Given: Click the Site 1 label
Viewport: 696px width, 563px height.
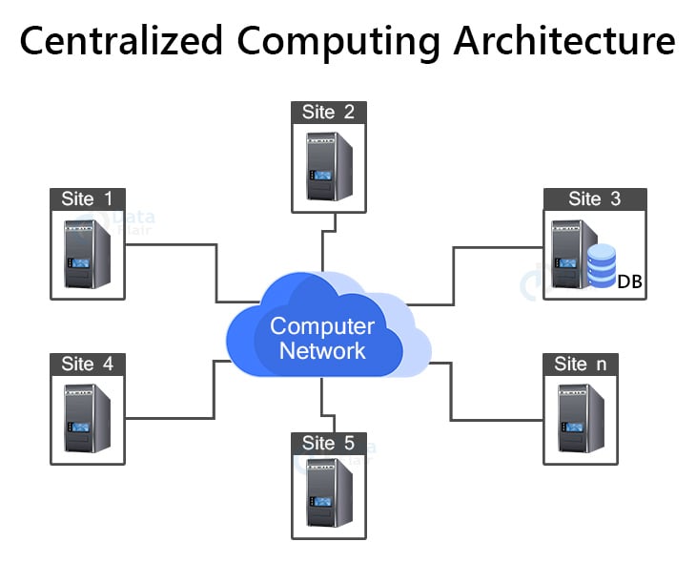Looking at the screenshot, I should coord(88,198).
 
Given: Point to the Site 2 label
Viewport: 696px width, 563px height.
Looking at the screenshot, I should coord(328,112).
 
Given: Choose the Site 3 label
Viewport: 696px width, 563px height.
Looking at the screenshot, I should coord(594,198).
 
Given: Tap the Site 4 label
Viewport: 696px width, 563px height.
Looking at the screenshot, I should coord(88,364).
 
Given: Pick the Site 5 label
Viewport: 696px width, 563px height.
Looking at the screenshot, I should coord(328,443).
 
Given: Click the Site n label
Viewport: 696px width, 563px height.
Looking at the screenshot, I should coord(580,364).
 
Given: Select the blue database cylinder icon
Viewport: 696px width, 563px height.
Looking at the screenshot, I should coord(602,265).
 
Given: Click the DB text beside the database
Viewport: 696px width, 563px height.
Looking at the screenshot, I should coord(628,281).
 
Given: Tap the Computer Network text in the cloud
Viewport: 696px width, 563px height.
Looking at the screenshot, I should coord(322,338).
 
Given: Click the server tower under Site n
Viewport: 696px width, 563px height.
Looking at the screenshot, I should coord(581,418).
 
